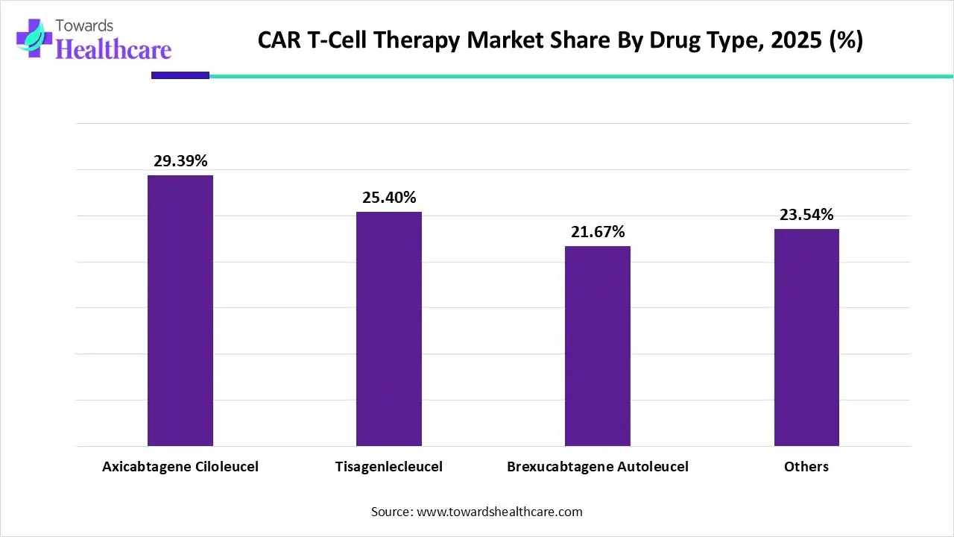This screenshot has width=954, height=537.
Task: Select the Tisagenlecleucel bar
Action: pyautogui.click(x=389, y=329)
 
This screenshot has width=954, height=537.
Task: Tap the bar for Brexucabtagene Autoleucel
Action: pyautogui.click(x=598, y=346)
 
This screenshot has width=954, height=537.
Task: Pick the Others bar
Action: pyautogui.click(x=806, y=337)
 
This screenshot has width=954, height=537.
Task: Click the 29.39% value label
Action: pyautogui.click(x=180, y=161)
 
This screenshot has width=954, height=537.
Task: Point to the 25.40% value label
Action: pyautogui.click(x=389, y=198)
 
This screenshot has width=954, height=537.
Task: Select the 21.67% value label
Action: pyautogui.click(x=598, y=232)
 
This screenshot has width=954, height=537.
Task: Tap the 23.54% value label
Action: pyautogui.click(x=806, y=215)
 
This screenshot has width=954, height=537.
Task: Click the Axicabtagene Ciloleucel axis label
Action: pyautogui.click(x=180, y=467)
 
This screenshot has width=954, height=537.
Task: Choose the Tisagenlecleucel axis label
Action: pyautogui.click(x=389, y=467)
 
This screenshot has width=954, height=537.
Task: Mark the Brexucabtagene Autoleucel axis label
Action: pyautogui.click(x=598, y=467)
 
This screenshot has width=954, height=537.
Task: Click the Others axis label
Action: pyautogui.click(x=806, y=467)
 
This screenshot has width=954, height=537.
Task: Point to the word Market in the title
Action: pyautogui.click(x=502, y=40)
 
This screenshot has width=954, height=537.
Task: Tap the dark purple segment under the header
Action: pyautogui.click(x=180, y=75)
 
